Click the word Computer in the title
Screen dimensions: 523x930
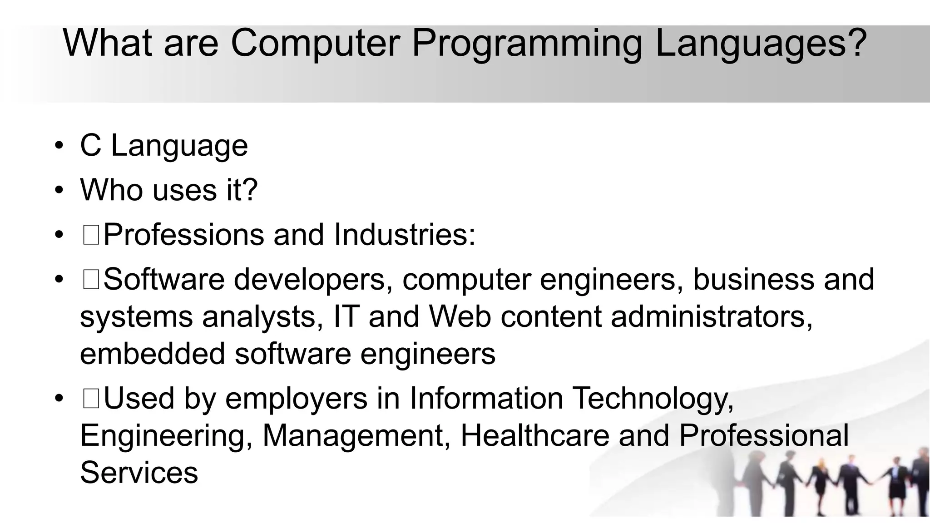point(315,43)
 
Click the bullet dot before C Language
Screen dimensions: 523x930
point(59,146)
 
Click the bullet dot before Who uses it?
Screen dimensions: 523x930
point(59,190)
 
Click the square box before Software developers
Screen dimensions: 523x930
point(91,280)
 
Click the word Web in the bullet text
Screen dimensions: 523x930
point(460,316)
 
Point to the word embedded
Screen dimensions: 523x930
point(152,354)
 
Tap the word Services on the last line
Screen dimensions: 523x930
point(139,473)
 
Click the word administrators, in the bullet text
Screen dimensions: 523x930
point(712,317)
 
